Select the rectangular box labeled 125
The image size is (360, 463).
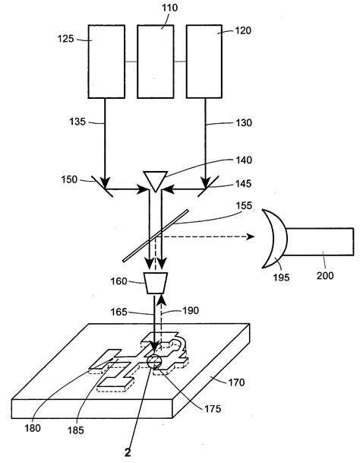click(x=106, y=61)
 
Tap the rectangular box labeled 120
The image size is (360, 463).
click(x=204, y=61)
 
